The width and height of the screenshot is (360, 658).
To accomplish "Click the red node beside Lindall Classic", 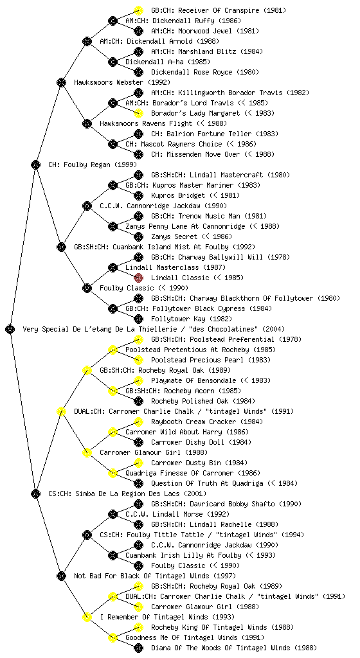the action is click(138, 278).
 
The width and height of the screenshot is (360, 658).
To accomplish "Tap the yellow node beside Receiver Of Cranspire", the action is click(138, 10).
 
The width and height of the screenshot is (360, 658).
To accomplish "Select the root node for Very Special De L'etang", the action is click(10, 329).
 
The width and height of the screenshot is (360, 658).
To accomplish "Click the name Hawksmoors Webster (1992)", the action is click(122, 82).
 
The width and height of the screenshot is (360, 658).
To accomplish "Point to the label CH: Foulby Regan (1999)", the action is click(93, 164).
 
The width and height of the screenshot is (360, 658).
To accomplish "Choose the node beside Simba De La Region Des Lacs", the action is click(35, 493).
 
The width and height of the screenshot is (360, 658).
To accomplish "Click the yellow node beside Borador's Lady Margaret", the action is click(138, 113).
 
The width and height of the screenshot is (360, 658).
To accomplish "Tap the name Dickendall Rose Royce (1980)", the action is click(205, 72).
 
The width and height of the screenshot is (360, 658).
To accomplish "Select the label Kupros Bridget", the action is click(178, 195).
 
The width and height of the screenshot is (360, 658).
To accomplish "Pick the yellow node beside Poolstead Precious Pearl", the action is click(138, 360).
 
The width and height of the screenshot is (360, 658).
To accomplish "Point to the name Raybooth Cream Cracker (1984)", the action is click(207, 422).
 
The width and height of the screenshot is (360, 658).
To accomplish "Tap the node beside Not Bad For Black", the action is click(61, 576).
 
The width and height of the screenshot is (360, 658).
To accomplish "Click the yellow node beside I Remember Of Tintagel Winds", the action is click(87, 617).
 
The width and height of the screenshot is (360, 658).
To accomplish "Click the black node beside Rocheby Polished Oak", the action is click(138, 401).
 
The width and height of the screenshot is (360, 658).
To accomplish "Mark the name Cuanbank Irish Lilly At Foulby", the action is click(183, 555).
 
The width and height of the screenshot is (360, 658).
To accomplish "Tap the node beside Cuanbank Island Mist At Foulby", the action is click(61, 247).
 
